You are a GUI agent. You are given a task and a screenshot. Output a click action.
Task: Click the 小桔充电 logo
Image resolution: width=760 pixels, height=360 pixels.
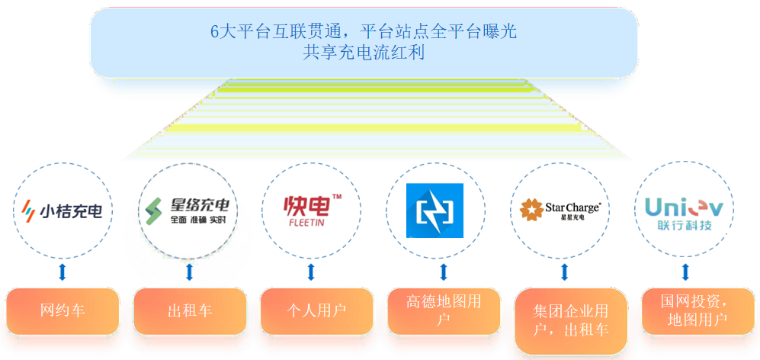(63, 209)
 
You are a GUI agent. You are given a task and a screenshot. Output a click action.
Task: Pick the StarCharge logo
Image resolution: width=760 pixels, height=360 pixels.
(561, 209)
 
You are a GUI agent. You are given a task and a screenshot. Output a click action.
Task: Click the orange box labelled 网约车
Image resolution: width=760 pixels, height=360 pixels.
(63, 311)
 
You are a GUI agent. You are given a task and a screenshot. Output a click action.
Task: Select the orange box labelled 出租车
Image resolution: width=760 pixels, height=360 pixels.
(190, 311)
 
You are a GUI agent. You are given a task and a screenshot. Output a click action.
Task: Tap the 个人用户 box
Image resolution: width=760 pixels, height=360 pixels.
(316, 311)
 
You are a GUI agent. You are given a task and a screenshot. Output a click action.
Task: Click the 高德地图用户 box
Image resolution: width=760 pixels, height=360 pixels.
(444, 311)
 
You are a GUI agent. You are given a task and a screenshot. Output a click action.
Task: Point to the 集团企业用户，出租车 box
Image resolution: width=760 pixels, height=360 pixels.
(571, 321)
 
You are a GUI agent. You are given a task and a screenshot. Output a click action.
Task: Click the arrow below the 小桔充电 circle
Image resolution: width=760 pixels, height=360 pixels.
(63, 272)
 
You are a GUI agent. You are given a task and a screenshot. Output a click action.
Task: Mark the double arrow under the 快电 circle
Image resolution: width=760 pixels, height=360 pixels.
(311, 272)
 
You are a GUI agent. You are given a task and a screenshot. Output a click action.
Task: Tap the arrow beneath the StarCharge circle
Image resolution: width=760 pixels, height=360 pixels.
(565, 272)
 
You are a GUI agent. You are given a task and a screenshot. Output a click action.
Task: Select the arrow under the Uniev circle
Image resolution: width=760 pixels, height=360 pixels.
(686, 272)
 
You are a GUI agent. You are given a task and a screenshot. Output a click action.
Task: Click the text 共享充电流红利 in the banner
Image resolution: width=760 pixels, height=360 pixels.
(364, 53)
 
